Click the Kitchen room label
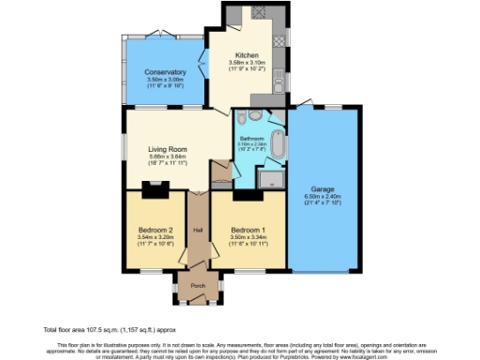click(247, 55)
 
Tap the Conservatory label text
click(164, 72)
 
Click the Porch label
click(198, 286)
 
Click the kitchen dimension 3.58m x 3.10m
click(247, 63)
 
